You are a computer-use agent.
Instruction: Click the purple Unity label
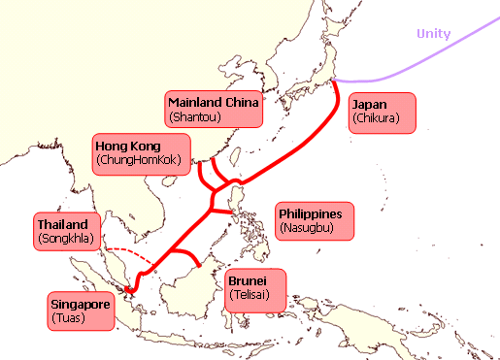[433, 34]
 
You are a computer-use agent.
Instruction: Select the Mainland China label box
[213, 109]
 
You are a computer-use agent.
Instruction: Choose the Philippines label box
[316, 220]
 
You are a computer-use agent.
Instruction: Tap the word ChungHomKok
[139, 161]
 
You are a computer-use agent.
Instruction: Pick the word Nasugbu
[307, 229]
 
